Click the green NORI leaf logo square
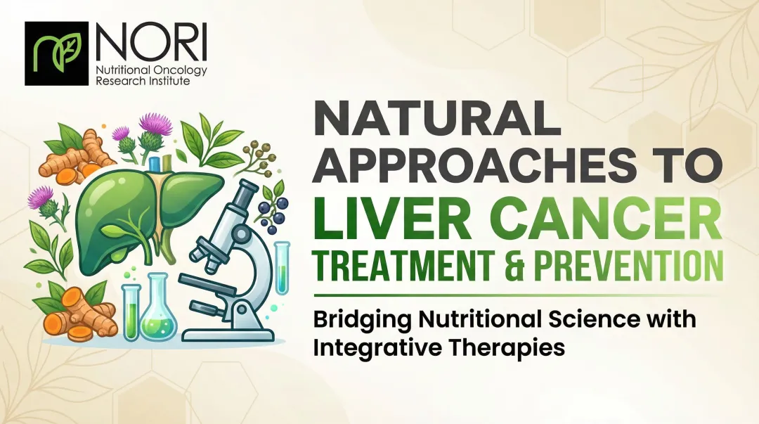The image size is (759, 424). pos(56,53)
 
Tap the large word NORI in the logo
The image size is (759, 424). pos(152,44)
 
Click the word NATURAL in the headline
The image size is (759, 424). pos(435,121)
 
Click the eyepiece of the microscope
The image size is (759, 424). pos(245,190)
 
